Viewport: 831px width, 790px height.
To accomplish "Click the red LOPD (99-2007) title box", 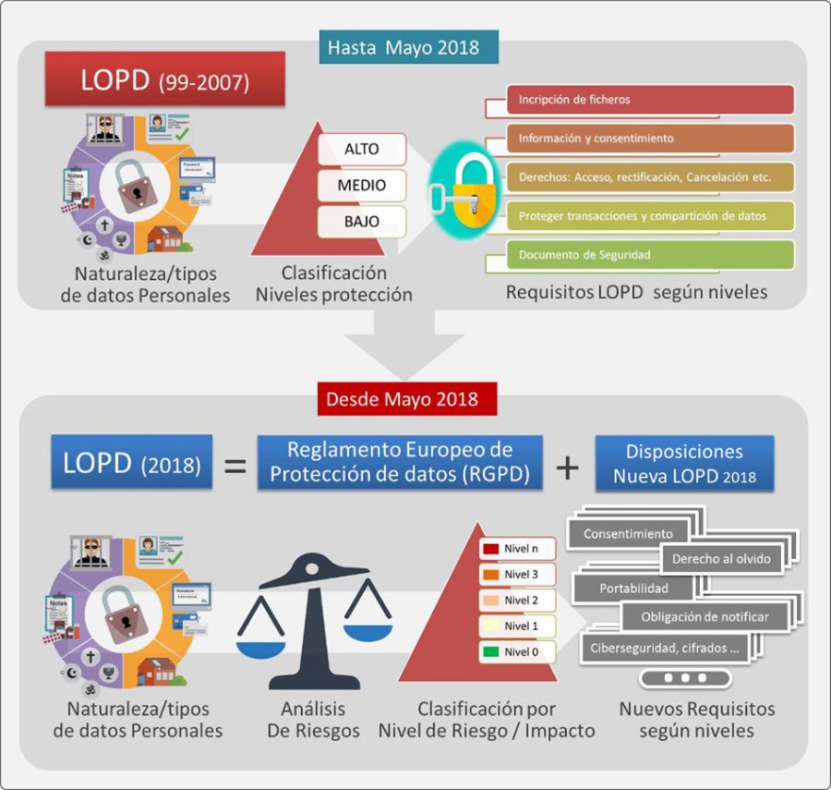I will (164, 80).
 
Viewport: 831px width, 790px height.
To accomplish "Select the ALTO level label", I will (362, 150).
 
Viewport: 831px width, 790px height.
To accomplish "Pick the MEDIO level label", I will (362, 185).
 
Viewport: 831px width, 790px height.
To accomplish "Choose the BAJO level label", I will (362, 220).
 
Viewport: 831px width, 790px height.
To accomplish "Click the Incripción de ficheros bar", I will (651, 100).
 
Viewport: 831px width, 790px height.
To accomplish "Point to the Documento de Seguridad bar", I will (651, 255).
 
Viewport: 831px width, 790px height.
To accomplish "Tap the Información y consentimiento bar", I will (651, 139).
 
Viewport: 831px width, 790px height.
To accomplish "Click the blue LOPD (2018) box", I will (132, 462).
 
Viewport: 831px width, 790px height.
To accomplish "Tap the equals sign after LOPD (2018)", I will (236, 465).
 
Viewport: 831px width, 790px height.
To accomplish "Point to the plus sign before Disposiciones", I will (567, 466).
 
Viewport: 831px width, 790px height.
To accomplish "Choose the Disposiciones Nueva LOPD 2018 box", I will (684, 464).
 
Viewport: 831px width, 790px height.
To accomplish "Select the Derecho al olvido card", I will (721, 559).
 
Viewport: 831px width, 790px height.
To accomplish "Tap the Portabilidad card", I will (633, 589).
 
